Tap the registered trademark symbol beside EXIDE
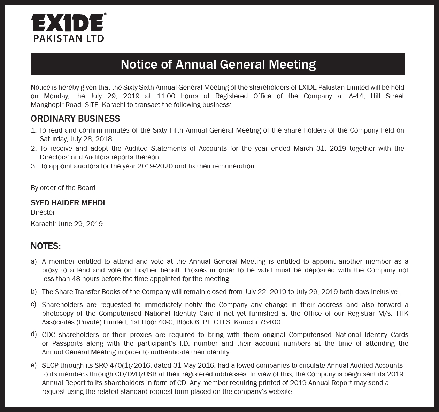[106, 15]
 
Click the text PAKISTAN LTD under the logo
[69, 38]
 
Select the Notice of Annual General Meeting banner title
[218, 64]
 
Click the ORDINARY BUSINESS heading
[75, 119]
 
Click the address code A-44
[356, 96]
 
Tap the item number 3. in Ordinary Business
[33, 166]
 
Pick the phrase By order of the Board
[63, 188]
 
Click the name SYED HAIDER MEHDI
[68, 203]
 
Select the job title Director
[43, 212]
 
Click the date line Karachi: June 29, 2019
[67, 224]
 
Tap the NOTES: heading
[46, 246]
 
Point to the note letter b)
[34, 291]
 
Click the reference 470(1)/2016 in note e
[130, 365]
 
